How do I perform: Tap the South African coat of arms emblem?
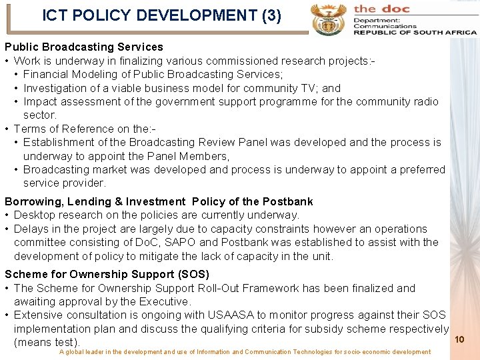pyautogui.click(x=328, y=18)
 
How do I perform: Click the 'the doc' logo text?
pyautogui.click(x=382, y=9)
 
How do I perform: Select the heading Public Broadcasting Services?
pyautogui.click(x=84, y=47)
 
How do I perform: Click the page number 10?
pyautogui.click(x=459, y=340)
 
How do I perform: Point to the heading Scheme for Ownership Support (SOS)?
pyautogui.click(x=107, y=274)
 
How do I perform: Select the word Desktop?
pyautogui.click(x=35, y=215)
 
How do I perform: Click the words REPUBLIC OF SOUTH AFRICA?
pyautogui.click(x=415, y=33)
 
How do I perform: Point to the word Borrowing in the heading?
pyautogui.click(x=31, y=201)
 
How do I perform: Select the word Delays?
pyautogui.click(x=30, y=229)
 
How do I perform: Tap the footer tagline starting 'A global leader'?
pyautogui.click(x=245, y=352)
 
